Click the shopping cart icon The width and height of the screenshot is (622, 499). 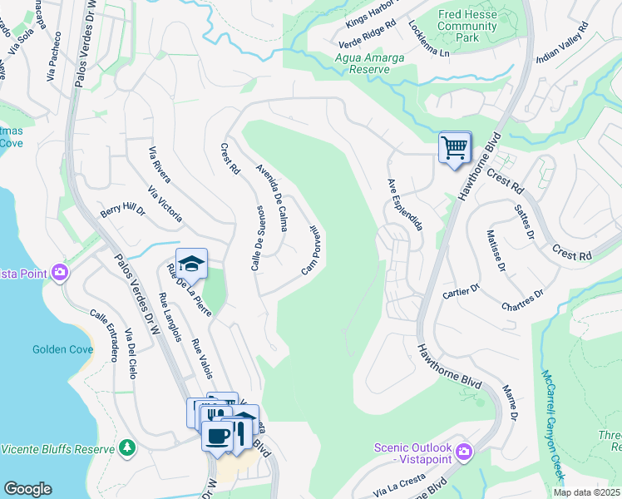(x=454, y=148)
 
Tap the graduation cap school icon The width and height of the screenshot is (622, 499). (x=191, y=264)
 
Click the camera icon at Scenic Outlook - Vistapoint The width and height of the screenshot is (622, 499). (x=463, y=452)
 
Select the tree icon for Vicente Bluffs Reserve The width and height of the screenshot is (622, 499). (x=126, y=448)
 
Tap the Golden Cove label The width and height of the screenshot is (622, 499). (x=62, y=349)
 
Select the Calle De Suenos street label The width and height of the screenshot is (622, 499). (x=256, y=237)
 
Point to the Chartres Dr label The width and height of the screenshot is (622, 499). (x=522, y=299)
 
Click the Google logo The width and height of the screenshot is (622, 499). (x=27, y=489)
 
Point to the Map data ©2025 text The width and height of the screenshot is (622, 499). (x=586, y=492)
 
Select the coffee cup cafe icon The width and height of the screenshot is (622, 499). (x=217, y=437)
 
